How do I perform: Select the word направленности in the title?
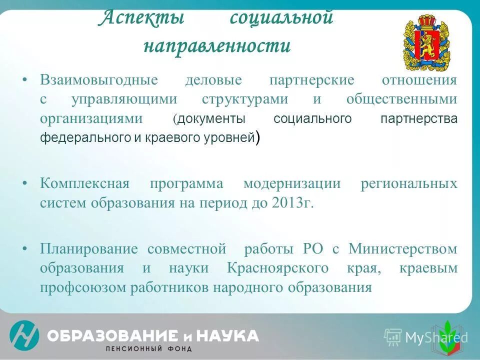pos(216,45)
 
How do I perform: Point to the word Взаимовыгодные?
pos(99,80)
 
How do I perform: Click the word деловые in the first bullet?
pos(213,80)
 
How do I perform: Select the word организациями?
pos(91,118)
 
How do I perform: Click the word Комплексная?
pos(84,183)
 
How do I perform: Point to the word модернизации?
pos(292,183)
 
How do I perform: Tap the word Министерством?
pos(402,248)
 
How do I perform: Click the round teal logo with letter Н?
pos(24,335)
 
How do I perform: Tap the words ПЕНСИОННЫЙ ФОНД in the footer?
pos(148,348)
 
